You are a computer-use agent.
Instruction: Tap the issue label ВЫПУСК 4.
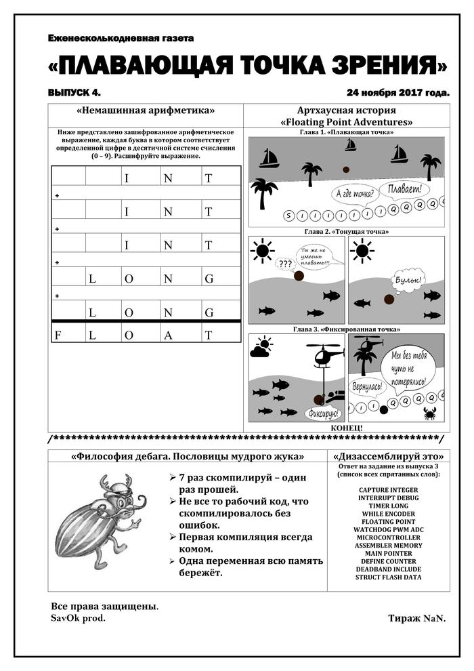tap(74, 91)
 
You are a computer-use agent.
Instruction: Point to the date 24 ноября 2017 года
tap(398, 91)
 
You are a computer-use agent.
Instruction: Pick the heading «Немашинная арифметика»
tap(146, 110)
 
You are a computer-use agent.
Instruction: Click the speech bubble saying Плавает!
tap(406, 188)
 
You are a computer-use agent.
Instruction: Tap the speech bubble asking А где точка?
tap(356, 197)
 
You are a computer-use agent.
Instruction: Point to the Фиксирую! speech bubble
tap(324, 412)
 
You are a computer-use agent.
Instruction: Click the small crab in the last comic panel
tap(429, 413)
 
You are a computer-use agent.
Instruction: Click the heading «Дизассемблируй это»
tap(389, 456)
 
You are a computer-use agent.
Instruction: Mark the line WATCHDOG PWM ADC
tap(389, 529)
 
